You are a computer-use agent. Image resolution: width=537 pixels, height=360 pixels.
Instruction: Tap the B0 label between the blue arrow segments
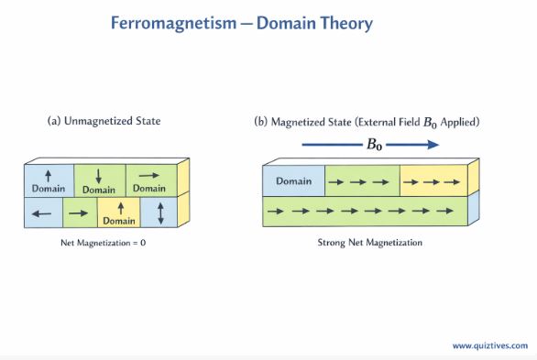(373, 144)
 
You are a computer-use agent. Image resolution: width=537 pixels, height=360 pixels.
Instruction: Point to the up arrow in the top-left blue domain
(49, 174)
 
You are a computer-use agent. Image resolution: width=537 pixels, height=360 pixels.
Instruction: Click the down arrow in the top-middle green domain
(99, 175)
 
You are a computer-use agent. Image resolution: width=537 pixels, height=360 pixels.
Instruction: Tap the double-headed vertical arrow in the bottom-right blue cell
(161, 213)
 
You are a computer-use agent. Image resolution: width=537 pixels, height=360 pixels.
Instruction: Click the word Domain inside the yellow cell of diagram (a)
(118, 221)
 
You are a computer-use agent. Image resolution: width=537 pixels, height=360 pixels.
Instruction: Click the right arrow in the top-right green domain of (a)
(149, 174)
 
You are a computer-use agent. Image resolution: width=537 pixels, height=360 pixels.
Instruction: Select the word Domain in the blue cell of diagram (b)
(293, 180)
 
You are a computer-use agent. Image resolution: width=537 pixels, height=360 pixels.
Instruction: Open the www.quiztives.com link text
(489, 345)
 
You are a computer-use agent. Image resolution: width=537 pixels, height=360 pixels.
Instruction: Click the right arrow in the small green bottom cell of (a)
(79, 213)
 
